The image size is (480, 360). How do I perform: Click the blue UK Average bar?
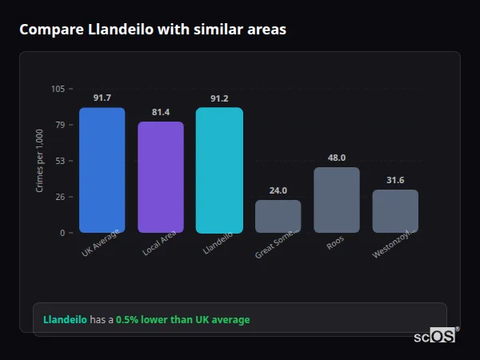point(102,170)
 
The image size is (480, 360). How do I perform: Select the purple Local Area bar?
point(161,177)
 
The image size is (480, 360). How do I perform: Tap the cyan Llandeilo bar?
point(219,170)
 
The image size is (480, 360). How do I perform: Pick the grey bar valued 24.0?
point(278,216)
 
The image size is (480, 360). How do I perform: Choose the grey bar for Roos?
point(337,200)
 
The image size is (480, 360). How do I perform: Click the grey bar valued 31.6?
point(395,211)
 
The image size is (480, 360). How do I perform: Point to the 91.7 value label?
point(102,98)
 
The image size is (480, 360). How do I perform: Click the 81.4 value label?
point(161,112)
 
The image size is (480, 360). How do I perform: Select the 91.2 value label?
point(219,98)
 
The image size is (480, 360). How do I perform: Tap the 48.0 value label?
point(337,158)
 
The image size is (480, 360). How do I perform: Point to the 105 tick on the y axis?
point(58,89)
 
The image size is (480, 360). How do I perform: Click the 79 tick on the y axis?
point(60,125)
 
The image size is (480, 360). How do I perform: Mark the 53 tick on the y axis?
point(60,161)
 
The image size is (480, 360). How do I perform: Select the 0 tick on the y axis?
point(62,233)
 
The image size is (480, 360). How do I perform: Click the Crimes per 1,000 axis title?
point(40,161)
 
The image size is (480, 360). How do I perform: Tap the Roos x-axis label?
point(335,242)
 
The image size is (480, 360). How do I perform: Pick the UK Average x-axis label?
point(101,244)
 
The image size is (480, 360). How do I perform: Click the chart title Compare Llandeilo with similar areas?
point(153,30)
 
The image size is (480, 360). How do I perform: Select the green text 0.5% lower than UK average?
point(182,320)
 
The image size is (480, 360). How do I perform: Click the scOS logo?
point(435,336)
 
